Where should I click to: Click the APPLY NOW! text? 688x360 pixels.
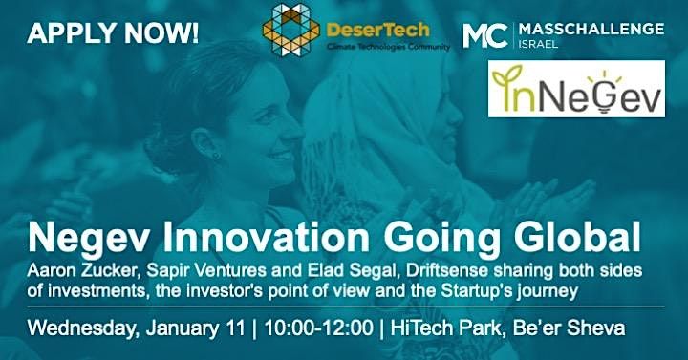[x=114, y=34]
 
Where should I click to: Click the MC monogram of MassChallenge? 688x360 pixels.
[x=482, y=35]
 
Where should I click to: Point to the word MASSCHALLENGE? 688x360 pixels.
[x=588, y=30]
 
